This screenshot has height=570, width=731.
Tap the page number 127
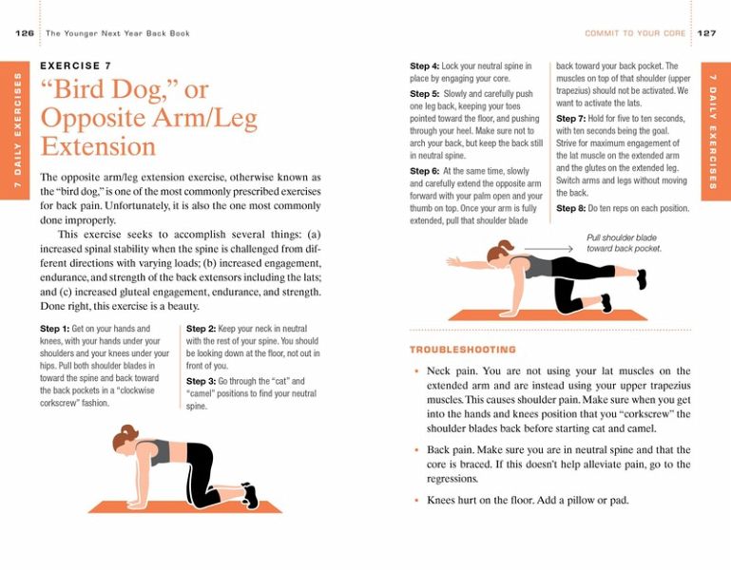point(706,33)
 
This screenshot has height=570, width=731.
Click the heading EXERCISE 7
point(76,66)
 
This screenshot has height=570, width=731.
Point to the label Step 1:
point(55,329)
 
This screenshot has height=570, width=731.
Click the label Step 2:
point(202,329)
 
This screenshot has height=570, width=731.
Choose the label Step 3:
point(202,381)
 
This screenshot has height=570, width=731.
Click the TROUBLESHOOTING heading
point(463,350)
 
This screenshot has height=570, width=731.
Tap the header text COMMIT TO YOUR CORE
point(635,33)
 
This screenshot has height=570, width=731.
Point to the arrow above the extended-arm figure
point(548,250)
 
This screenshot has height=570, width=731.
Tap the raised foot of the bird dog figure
point(643,278)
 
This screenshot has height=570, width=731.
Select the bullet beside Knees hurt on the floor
point(415,500)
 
